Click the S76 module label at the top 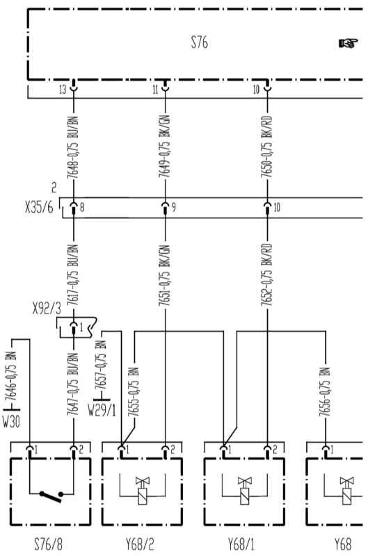pos(200,42)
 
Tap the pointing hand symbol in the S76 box pos(348,43)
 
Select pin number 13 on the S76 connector pos(63,90)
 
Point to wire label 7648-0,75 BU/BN pos(73,148)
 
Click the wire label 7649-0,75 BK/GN pos(164,146)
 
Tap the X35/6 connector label pos(39,207)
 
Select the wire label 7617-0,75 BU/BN pos(73,275)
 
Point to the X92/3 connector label pos(47,309)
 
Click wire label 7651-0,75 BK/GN pos(164,275)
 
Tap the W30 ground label pos(11,422)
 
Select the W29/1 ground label pos(102,411)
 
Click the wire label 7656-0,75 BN pos(324,392)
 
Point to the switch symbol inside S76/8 pos(51,496)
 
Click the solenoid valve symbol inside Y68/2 pos(143,491)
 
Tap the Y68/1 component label pos(241,544)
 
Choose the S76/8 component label pos(48,544)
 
